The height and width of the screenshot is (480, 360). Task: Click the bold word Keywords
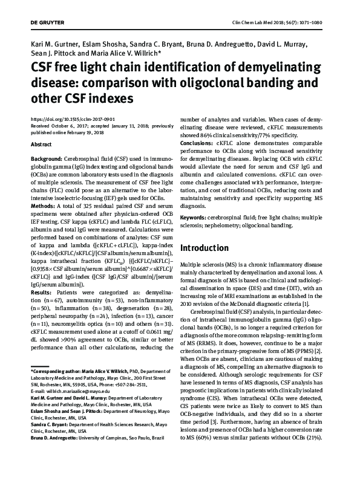[198, 216]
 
